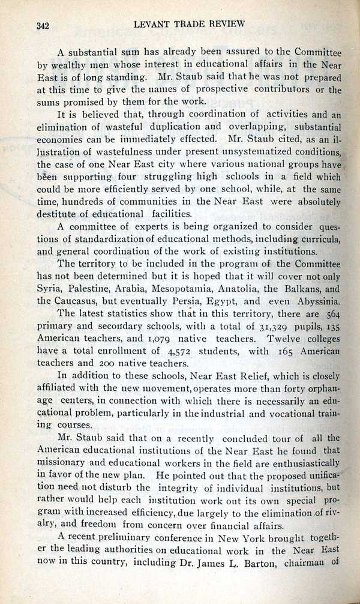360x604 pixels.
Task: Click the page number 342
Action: [x=42, y=25]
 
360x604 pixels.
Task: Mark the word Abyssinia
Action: [x=315, y=301]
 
